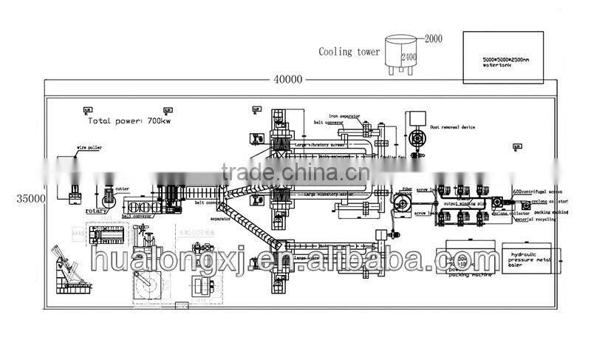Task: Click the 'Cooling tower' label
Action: click(349, 52)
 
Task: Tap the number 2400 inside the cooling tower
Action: click(409, 54)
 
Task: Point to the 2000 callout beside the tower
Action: click(432, 38)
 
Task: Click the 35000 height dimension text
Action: click(27, 199)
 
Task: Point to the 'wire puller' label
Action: click(89, 148)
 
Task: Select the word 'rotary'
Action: click(97, 211)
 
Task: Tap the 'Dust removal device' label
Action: click(453, 127)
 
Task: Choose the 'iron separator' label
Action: click(345, 116)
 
